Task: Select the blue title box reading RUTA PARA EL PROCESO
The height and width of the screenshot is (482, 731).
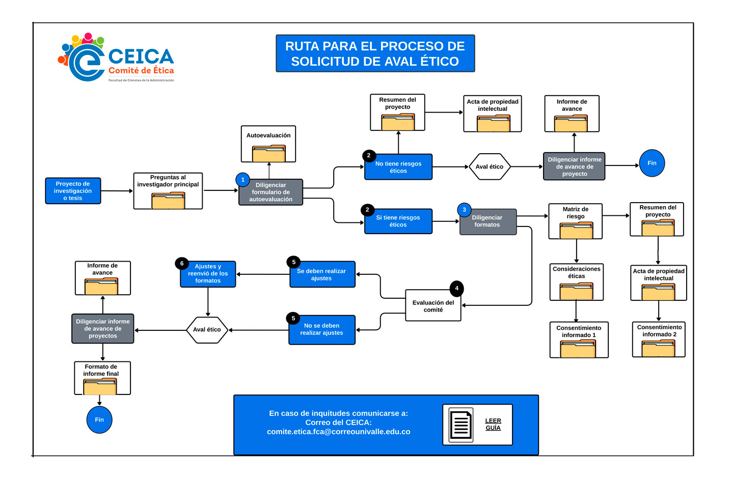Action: pos(375,53)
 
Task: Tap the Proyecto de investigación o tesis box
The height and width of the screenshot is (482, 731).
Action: pos(73,191)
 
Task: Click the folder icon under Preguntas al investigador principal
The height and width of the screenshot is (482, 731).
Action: pos(168,201)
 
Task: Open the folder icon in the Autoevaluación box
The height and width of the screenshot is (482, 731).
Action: pos(268,154)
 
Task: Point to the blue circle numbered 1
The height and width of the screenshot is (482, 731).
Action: pos(243,180)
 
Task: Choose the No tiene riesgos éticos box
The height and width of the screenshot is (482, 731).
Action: pos(398,167)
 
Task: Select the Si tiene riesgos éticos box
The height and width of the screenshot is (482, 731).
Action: pos(398,221)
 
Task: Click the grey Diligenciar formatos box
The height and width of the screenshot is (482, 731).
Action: pos(488,221)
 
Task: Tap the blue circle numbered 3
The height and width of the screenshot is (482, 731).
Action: pos(464,210)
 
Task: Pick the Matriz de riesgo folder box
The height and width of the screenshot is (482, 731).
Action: pos(576,221)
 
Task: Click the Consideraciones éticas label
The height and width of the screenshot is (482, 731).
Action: pos(577,272)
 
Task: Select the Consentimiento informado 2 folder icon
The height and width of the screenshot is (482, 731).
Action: pos(658,349)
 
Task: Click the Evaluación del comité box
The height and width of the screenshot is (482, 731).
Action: pos(433,306)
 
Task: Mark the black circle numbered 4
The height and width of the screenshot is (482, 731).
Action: pos(456,289)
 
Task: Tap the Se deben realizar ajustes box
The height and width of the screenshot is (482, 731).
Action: pos(322,275)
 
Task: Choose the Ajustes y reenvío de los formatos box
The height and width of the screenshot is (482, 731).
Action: pos(208,274)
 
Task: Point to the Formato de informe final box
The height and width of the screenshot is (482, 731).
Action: pos(102,378)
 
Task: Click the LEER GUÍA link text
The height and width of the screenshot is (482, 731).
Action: pos(493,424)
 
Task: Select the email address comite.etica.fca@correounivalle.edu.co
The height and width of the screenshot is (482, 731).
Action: pos(338,432)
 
